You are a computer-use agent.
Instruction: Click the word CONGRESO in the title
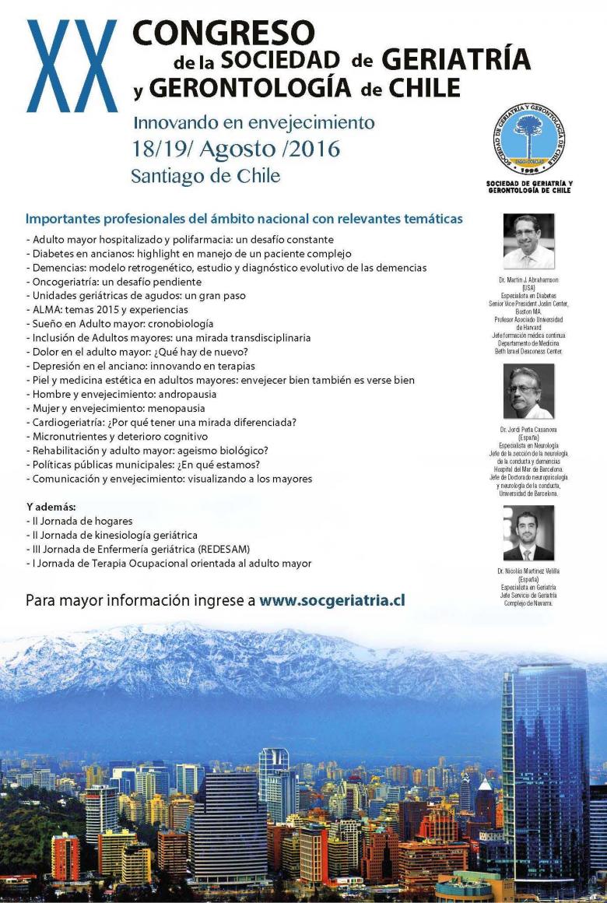click(x=223, y=32)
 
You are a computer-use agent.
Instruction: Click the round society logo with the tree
click(x=528, y=141)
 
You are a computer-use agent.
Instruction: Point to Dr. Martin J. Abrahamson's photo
click(x=528, y=241)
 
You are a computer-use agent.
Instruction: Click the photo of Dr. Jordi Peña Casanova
click(x=528, y=392)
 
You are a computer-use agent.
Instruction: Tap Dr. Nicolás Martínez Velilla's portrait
click(x=528, y=534)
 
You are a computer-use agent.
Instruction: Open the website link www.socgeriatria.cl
click(x=332, y=601)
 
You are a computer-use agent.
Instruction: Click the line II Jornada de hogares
click(x=79, y=521)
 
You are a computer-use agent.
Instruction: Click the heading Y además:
click(x=51, y=507)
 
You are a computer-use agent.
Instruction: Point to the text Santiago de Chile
click(x=205, y=176)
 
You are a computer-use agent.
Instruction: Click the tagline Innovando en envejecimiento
click(x=254, y=123)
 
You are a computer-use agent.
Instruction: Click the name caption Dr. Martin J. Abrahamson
click(x=528, y=278)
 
